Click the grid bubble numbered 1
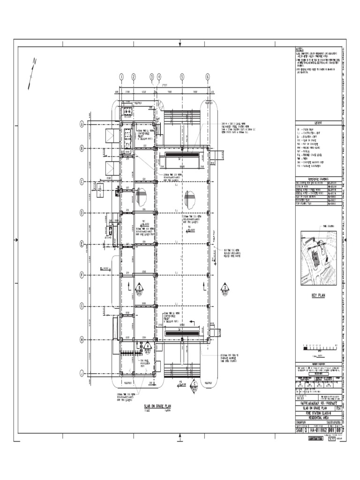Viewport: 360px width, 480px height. (x=121, y=77)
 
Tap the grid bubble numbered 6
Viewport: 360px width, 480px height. (x=207, y=77)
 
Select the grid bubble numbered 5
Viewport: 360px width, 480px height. (x=182, y=77)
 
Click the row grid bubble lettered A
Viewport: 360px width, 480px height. (x=82, y=124)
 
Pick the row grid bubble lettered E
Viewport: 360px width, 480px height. (x=82, y=244)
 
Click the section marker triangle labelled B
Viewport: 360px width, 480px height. (x=139, y=287)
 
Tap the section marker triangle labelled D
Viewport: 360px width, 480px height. (x=225, y=288)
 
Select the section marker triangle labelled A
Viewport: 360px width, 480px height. (x=147, y=348)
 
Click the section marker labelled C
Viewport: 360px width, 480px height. (x=194, y=385)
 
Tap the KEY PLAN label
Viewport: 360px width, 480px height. (x=318, y=296)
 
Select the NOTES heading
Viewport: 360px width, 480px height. (x=300, y=49)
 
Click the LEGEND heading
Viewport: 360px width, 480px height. (x=318, y=123)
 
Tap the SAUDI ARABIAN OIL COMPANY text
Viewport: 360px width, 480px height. (x=318, y=403)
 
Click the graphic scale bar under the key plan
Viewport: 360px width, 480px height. (x=318, y=348)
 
